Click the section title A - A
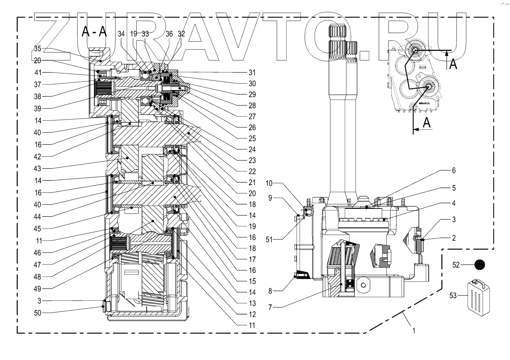[x=94, y=31]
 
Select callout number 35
[x=37, y=48]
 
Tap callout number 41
[x=38, y=73]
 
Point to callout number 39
[x=37, y=109]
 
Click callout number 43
[x=37, y=169]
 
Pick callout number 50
[x=37, y=313]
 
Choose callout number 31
[x=252, y=73]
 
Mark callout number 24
[x=252, y=150]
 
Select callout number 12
[x=252, y=314]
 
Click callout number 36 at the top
[x=169, y=34]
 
